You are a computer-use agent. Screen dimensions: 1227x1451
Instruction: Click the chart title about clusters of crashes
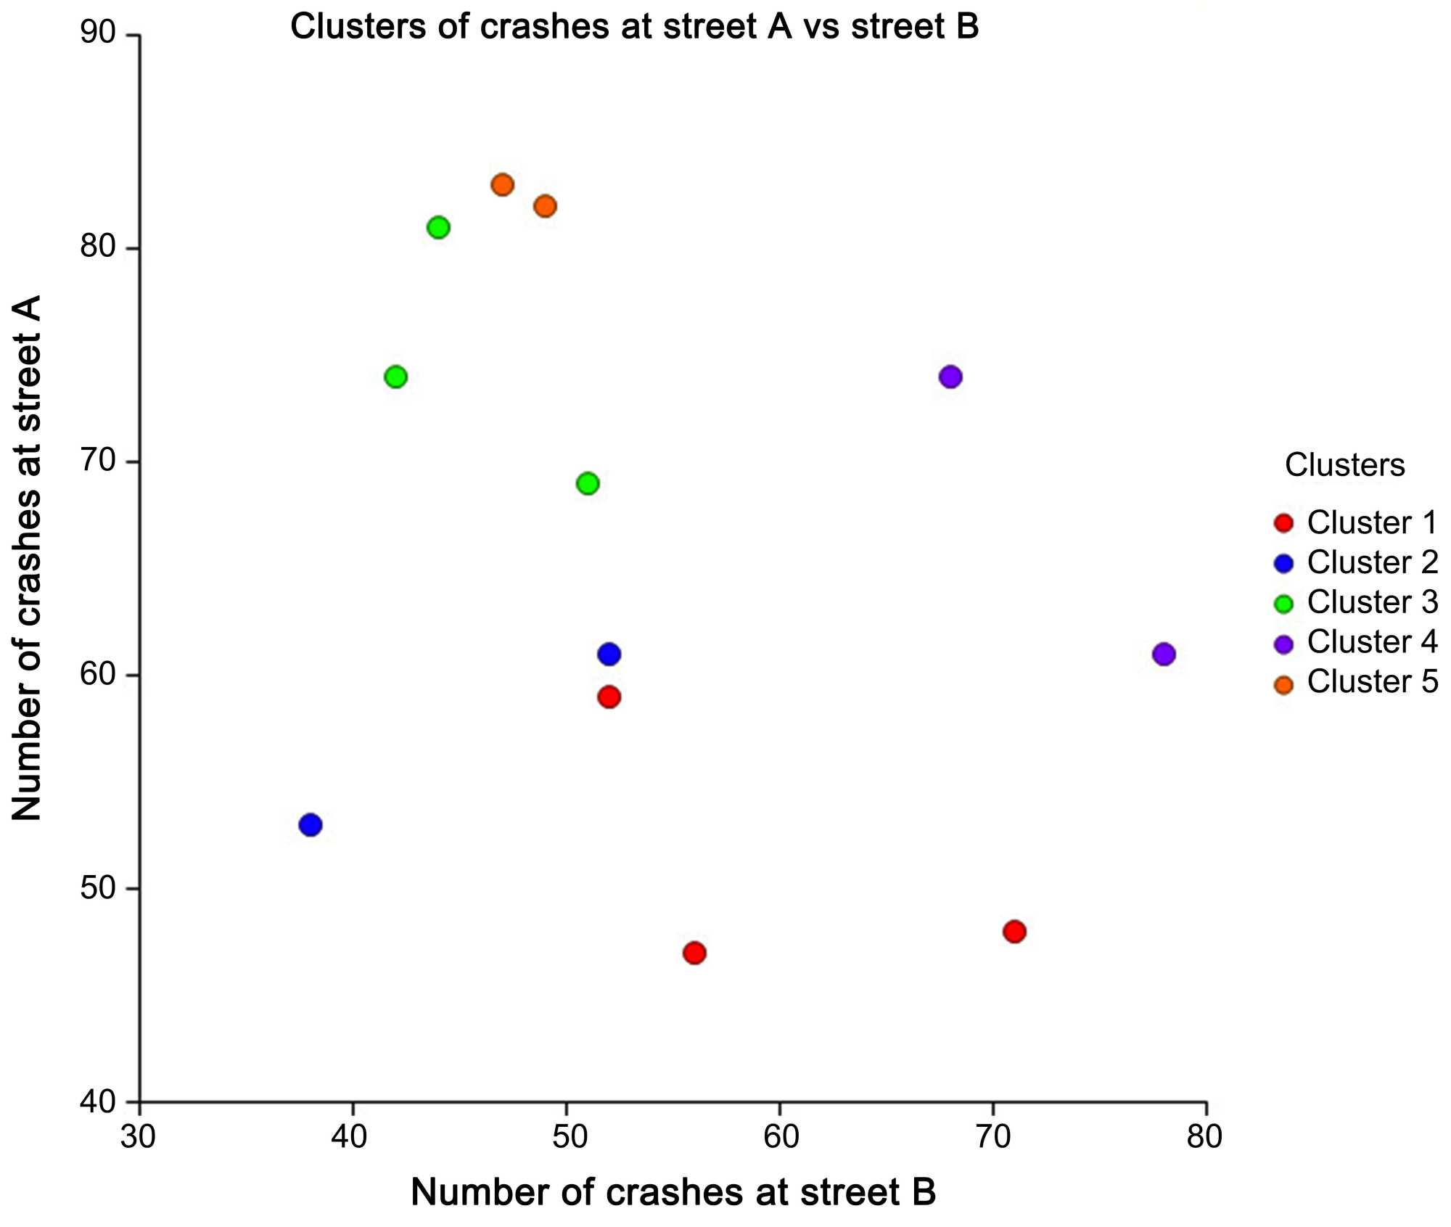(634, 27)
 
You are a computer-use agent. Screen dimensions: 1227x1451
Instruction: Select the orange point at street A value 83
(502, 185)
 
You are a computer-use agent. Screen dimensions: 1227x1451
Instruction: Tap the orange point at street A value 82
(545, 206)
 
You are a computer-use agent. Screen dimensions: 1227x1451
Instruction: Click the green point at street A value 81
(438, 228)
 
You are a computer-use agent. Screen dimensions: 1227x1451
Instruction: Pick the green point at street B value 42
(395, 377)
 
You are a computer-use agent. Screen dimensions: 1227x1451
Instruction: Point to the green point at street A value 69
(588, 483)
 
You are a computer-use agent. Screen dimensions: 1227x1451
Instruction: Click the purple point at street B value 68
(950, 377)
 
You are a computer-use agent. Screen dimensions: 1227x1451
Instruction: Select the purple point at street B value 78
(1164, 654)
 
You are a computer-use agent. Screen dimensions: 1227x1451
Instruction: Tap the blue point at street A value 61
(609, 654)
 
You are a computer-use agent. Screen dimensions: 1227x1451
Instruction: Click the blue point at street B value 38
(311, 824)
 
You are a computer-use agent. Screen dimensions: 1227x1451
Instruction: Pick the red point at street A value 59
(609, 697)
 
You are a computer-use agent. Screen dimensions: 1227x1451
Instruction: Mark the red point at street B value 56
(694, 952)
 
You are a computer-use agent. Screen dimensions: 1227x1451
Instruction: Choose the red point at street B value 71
(1014, 931)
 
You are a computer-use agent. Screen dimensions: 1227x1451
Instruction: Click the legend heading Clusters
(1344, 465)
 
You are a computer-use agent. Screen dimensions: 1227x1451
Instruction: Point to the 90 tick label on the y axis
(98, 34)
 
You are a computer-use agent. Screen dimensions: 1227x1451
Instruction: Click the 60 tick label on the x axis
(781, 1137)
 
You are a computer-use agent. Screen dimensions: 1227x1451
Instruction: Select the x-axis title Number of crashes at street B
(673, 1192)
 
